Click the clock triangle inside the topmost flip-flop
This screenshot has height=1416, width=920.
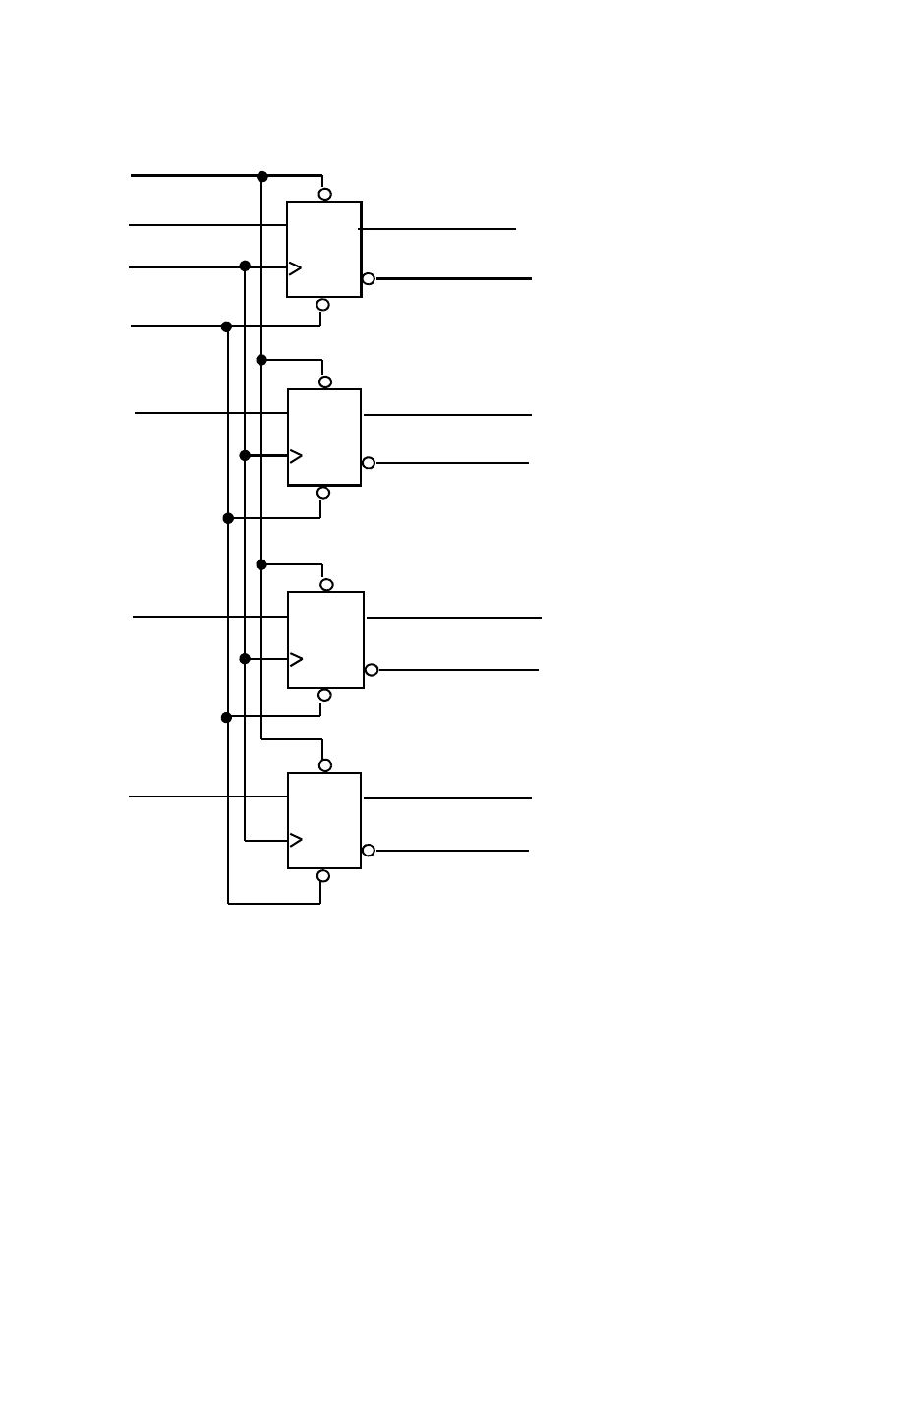click(x=295, y=268)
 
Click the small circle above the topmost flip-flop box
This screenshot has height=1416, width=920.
click(x=325, y=194)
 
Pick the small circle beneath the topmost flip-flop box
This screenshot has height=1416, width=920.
click(x=322, y=305)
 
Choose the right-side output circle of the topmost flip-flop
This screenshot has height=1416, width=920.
click(x=369, y=279)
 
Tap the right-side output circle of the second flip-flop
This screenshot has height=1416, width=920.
click(x=369, y=463)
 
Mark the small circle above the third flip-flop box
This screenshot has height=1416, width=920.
click(x=326, y=585)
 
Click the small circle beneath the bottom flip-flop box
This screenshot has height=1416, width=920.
click(x=323, y=876)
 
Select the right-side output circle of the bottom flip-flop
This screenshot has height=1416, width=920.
click(x=369, y=851)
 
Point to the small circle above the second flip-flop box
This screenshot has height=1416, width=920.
click(x=325, y=382)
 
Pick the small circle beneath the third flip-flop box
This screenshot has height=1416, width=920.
click(x=324, y=695)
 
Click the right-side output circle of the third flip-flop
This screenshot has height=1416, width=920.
click(x=372, y=670)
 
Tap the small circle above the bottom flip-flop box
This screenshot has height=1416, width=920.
click(x=325, y=765)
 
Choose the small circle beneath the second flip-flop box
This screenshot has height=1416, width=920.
click(x=323, y=493)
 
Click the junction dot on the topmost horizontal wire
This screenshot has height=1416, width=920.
click(x=262, y=177)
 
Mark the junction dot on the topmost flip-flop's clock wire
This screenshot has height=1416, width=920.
click(x=245, y=266)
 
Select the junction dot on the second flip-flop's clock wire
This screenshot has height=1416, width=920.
click(x=245, y=456)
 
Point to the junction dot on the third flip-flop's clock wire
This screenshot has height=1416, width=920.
click(x=245, y=659)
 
